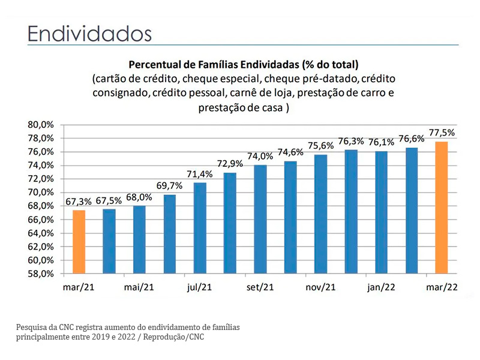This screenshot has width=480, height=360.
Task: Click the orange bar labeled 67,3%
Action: (x=79, y=242)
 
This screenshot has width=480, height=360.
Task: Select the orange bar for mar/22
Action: (x=441, y=208)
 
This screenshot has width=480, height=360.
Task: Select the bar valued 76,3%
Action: (x=351, y=212)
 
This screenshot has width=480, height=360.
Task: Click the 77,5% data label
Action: (x=442, y=133)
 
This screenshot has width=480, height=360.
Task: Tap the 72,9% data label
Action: (x=230, y=164)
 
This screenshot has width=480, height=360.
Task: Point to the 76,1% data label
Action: (x=382, y=142)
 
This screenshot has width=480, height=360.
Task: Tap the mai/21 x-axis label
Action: (x=139, y=287)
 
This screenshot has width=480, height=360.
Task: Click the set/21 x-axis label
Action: (x=260, y=287)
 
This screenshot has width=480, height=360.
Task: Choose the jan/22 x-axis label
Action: (x=381, y=287)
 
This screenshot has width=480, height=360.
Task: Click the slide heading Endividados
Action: (x=89, y=33)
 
